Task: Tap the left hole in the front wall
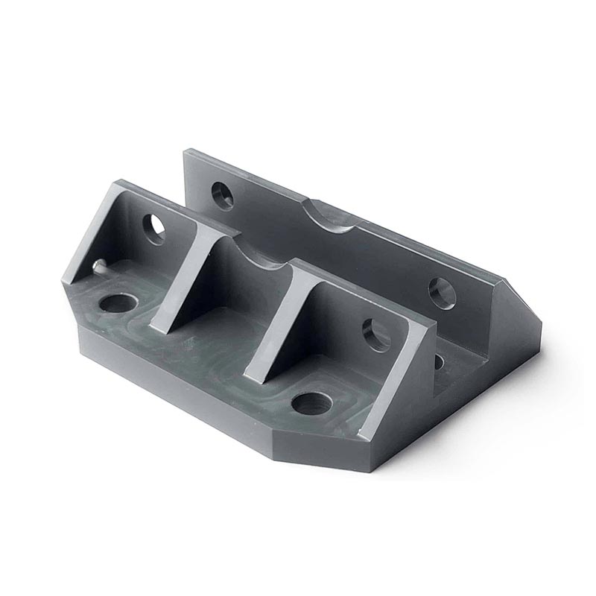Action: (x=154, y=229)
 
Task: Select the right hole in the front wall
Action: (x=376, y=335)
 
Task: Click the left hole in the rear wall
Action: (x=222, y=195)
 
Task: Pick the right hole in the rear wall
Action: (x=442, y=293)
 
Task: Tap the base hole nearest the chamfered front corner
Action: (x=312, y=402)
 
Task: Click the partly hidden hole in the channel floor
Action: (x=440, y=363)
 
